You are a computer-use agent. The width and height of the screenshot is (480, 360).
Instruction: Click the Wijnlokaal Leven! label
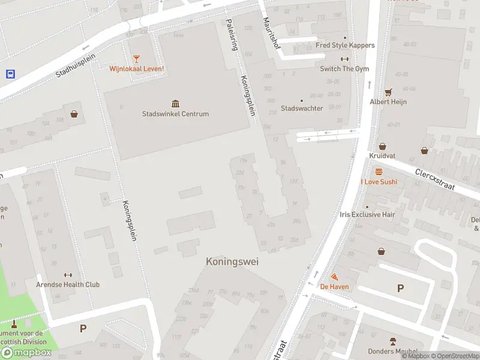136,69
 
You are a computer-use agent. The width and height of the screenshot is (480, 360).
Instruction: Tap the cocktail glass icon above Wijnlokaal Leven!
137,58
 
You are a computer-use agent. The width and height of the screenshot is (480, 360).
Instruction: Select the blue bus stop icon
10,74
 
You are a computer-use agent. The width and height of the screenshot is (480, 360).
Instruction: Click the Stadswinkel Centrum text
175,114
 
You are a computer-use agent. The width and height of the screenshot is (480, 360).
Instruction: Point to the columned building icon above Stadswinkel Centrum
175,103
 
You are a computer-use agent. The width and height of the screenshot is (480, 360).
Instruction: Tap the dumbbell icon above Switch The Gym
344,59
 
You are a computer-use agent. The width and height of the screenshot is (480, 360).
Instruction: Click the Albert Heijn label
388,102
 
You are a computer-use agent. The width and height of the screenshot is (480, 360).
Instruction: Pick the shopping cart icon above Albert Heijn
388,92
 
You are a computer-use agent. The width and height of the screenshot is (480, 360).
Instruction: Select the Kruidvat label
382,155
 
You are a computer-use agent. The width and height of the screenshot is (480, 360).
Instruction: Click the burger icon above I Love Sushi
379,171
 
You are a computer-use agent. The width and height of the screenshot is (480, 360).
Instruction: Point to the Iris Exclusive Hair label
367,214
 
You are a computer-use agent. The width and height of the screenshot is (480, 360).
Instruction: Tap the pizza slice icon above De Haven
334,277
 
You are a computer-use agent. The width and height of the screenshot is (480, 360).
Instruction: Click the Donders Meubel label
392,351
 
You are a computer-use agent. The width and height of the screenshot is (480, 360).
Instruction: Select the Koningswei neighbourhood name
228,262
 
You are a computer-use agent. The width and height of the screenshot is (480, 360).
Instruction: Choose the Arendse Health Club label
68,284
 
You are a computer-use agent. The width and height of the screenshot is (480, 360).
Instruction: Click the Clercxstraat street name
436,179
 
